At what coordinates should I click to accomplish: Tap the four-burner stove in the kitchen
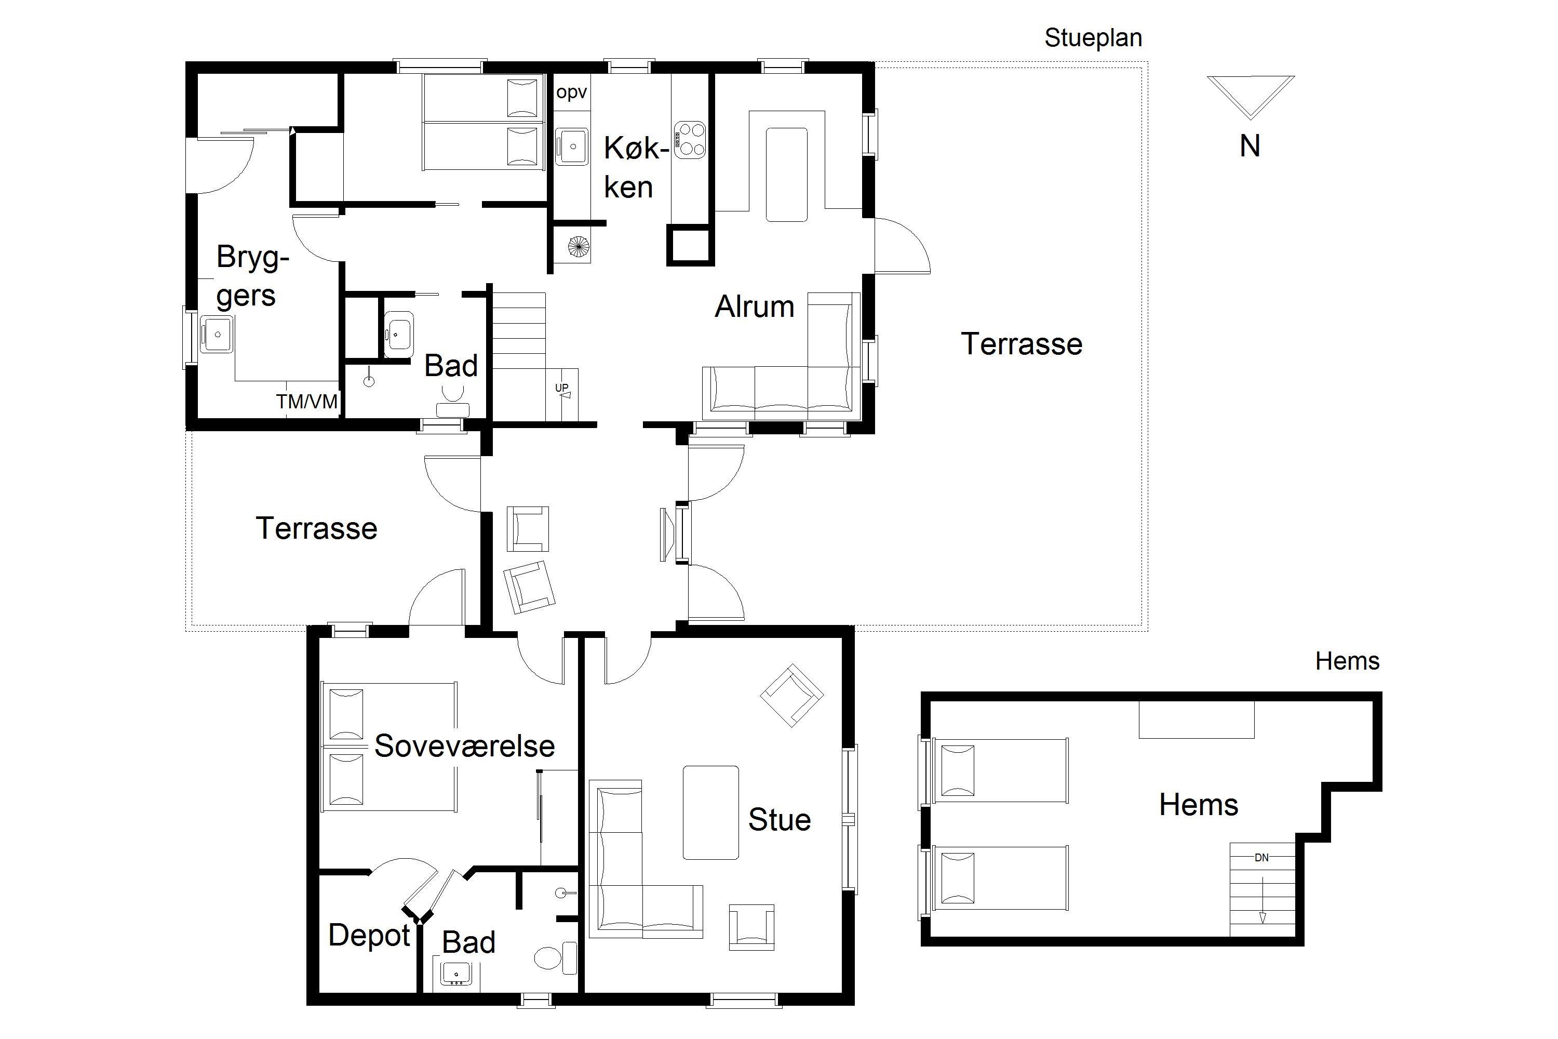(x=690, y=140)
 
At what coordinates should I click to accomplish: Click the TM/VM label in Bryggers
(x=307, y=401)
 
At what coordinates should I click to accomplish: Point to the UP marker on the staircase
(x=562, y=388)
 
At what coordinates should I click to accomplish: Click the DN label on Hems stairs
(x=1261, y=858)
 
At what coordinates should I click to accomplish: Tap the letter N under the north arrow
(x=1250, y=146)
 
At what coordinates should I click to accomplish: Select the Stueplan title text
(x=1093, y=38)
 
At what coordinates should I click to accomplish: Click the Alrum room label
(x=755, y=307)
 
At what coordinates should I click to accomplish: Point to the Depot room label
(x=369, y=936)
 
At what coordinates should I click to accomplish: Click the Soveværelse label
(x=464, y=746)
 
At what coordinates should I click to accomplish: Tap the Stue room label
(x=780, y=820)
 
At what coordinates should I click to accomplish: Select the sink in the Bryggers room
(x=217, y=335)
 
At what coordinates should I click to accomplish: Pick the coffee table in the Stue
(x=711, y=812)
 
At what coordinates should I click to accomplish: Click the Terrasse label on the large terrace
(x=1022, y=344)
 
